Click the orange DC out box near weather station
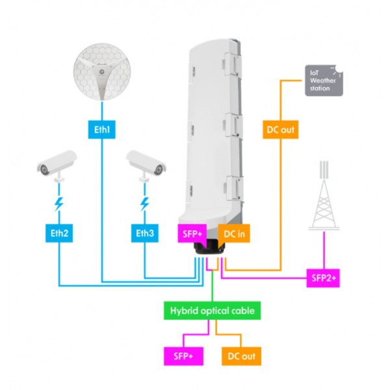[280, 130]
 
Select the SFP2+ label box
[325, 279]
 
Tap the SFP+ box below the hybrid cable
[184, 356]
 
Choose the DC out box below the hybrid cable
[240, 356]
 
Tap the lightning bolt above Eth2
[58, 204]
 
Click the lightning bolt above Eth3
[144, 204]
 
